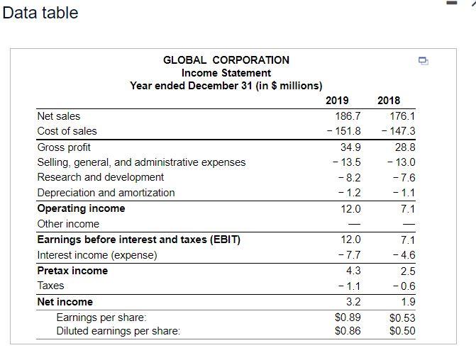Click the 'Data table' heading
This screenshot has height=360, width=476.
(40, 13)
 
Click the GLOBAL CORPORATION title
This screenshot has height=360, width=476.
(226, 60)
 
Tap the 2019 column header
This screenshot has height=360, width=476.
(348, 101)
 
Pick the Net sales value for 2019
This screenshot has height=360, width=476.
(348, 116)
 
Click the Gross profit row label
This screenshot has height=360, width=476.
(64, 147)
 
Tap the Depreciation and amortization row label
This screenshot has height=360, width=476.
(106, 193)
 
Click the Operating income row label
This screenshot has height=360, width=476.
(81, 208)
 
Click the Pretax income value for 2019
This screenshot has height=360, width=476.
(353, 271)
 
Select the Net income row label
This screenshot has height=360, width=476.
(65, 302)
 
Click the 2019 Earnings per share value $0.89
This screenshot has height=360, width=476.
(348, 317)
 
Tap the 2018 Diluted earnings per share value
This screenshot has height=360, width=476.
(402, 331)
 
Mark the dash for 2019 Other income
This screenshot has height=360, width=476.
(353, 224)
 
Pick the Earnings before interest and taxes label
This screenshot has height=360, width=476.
(138, 240)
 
